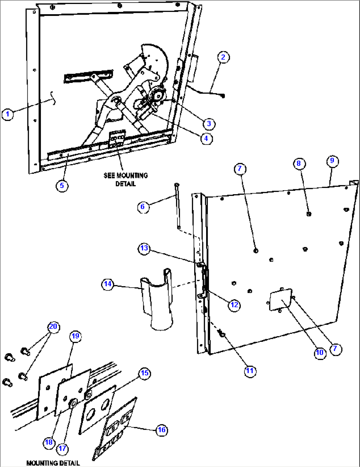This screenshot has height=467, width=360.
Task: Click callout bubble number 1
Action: pyautogui.click(x=8, y=115)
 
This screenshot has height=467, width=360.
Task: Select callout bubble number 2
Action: pyautogui.click(x=223, y=57)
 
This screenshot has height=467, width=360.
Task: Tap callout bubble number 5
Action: pyautogui.click(x=62, y=186)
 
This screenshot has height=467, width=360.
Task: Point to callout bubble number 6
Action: pyautogui.click(x=142, y=207)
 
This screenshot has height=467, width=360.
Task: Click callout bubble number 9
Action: pyautogui.click(x=332, y=161)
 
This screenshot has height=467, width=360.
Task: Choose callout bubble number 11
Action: pyautogui.click(x=250, y=371)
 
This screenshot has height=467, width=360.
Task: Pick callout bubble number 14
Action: pyautogui.click(x=108, y=284)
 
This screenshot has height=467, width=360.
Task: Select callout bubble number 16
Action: pyautogui.click(x=162, y=430)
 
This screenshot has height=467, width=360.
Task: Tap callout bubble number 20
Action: pyautogui.click(x=53, y=327)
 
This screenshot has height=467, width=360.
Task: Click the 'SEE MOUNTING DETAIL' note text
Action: pyautogui.click(x=126, y=179)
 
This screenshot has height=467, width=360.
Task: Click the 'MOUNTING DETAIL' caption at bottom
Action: pyautogui.click(x=53, y=463)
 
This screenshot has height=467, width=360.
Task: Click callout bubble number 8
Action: pyautogui.click(x=299, y=163)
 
